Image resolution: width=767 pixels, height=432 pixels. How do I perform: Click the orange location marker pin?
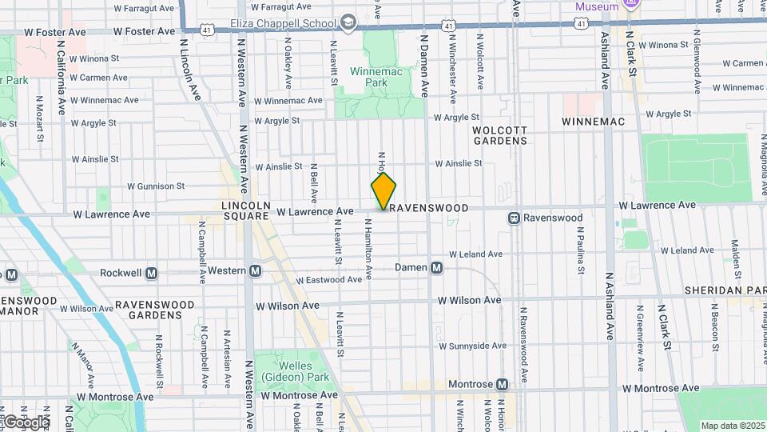click(383, 191)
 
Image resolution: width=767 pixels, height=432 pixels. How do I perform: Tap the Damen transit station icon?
click(437, 267)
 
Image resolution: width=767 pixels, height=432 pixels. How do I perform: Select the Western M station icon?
click(255, 270)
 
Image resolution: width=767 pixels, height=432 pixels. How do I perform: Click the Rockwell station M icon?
click(151, 273)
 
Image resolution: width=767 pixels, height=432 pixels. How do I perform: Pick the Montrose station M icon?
click(502, 385)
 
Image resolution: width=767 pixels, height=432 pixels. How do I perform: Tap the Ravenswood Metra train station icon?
click(515, 218)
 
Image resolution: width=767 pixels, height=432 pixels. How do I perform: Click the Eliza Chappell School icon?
click(348, 22)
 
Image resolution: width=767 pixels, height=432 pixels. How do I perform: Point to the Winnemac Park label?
click(376, 77)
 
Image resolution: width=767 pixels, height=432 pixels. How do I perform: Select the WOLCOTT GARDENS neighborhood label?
click(500, 135)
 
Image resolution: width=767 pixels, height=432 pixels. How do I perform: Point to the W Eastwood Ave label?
click(329, 280)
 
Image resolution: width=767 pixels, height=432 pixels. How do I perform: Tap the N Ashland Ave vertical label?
click(609, 310)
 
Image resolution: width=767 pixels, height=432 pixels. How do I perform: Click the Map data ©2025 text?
click(733, 426)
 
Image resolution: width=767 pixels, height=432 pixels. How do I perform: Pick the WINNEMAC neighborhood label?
click(591, 121)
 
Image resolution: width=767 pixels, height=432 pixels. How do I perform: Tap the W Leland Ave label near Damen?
click(477, 254)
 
